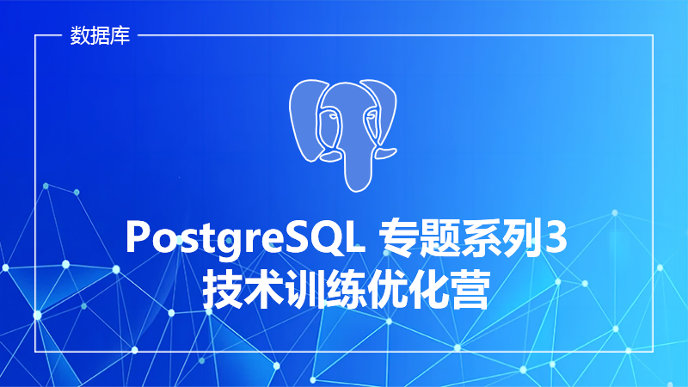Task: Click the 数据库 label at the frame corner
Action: coord(100,35)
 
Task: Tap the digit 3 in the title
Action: coord(555,238)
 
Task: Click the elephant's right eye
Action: coord(372,115)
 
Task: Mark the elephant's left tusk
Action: coord(330,157)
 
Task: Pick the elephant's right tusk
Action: coord(385,153)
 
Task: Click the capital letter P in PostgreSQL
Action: coord(138,237)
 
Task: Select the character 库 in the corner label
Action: coord(120,35)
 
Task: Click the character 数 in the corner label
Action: coord(80,35)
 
